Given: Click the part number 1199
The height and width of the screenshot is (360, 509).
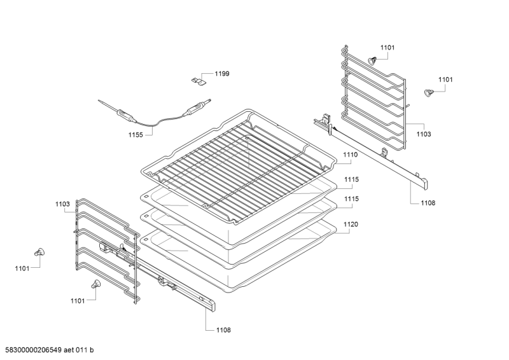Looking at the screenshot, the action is (222, 74).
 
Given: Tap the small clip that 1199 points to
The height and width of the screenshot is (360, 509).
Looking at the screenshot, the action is (198, 81).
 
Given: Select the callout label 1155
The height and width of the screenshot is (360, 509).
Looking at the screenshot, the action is (136, 135).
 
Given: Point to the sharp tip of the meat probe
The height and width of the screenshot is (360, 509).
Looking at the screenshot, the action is (99, 100).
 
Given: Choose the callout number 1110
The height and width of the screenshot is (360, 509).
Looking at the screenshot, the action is (351, 155).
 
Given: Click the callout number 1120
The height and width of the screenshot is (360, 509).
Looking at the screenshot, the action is (351, 225).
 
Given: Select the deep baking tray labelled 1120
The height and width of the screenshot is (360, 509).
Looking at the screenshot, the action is (237, 260).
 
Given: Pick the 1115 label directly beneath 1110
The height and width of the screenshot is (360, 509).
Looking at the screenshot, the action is (352, 179).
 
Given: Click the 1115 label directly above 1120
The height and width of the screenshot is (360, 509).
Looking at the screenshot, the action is (352, 198).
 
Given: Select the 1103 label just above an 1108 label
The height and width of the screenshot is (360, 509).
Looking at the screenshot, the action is (424, 134).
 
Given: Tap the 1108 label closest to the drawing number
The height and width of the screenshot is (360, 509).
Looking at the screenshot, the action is (223, 330).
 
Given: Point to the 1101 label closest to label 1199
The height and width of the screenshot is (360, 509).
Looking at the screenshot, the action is (387, 48).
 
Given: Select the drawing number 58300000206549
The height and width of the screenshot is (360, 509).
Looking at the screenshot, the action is (31, 350).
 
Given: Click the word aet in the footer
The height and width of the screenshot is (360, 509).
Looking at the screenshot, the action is (69, 350).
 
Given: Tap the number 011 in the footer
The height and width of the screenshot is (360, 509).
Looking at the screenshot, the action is (81, 350).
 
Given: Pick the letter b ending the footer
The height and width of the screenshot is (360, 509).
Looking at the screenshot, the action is (92, 350).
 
